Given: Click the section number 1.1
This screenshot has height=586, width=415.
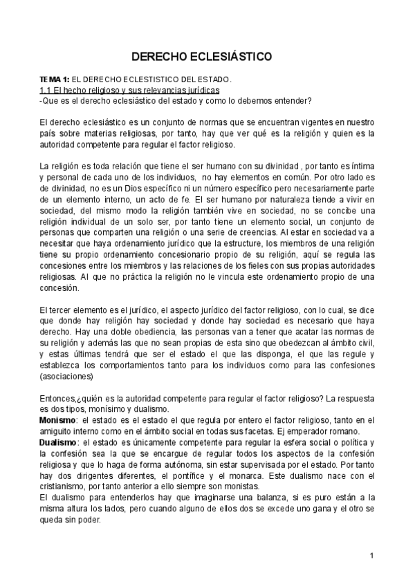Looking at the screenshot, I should pos(46,90).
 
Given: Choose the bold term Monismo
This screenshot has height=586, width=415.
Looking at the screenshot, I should pos(58,420).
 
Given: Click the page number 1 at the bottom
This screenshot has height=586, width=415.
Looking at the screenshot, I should pos(372,556).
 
